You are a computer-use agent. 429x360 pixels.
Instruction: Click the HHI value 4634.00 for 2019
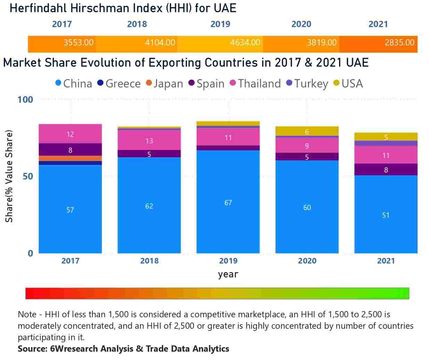[x=245, y=43]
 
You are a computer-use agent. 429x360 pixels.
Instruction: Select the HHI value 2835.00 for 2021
[x=399, y=43]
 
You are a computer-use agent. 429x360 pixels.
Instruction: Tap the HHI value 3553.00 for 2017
[x=78, y=43]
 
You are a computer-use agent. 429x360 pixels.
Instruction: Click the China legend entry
[x=74, y=84]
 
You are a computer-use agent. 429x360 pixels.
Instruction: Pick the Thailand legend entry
[x=255, y=84]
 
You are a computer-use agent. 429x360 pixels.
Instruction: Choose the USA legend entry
[x=348, y=84]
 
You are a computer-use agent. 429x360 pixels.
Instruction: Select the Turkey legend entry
[x=307, y=84]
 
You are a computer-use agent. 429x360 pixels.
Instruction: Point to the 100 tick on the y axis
[x=25, y=100]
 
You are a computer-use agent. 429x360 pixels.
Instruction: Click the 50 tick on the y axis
[x=27, y=176]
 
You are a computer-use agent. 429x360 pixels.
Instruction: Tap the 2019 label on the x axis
[x=228, y=261]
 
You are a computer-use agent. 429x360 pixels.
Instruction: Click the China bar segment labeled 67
[x=228, y=202]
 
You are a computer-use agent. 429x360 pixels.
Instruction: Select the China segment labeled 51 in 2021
[x=386, y=215]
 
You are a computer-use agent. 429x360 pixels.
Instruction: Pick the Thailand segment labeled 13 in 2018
[x=149, y=140]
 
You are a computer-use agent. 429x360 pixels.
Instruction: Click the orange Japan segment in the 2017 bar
[x=70, y=158]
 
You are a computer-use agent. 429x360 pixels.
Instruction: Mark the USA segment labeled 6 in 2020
[x=307, y=131]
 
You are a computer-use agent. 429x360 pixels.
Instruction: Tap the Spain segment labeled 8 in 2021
[x=386, y=170]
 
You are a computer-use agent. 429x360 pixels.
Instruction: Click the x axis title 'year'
[x=228, y=274]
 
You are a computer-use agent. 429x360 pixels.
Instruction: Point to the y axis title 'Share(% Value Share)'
[x=9, y=176]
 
